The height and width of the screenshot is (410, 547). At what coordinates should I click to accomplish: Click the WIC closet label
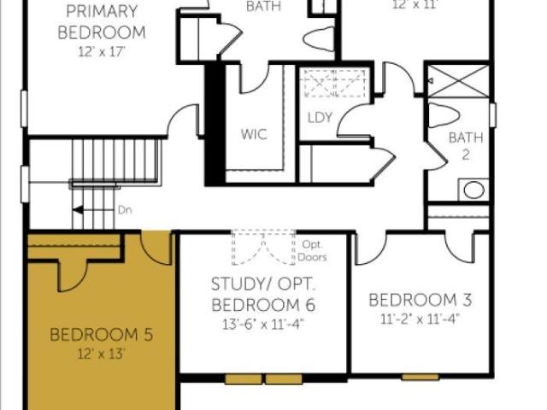tap(254, 134)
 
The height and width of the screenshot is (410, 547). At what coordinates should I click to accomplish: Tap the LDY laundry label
tap(320, 118)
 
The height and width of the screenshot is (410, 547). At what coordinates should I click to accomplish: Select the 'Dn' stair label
tap(125, 210)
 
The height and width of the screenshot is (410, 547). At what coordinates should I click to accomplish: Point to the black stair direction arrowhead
tap(78, 210)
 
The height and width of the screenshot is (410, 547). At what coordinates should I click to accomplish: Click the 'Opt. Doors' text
tap(312, 250)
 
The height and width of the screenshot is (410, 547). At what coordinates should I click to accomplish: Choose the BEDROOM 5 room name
tap(101, 335)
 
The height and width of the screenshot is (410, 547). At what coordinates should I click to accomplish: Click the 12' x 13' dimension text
tap(101, 354)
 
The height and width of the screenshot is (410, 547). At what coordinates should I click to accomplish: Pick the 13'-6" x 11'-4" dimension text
tap(263, 325)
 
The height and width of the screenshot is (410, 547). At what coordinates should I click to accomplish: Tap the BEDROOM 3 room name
tap(420, 300)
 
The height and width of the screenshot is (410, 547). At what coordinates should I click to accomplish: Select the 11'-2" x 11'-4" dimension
tap(420, 319)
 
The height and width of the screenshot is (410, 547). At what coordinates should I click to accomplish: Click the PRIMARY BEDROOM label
tap(101, 21)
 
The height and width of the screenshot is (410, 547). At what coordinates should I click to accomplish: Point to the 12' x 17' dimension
tap(101, 52)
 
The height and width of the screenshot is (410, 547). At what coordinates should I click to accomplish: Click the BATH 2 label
tap(466, 146)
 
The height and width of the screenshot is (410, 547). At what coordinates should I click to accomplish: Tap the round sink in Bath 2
tap(473, 190)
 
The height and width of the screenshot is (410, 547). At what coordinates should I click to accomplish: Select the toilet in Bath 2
tap(443, 115)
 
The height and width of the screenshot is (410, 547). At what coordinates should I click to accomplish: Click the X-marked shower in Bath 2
tap(458, 81)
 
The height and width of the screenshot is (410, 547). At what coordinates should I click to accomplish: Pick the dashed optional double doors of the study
tap(263, 247)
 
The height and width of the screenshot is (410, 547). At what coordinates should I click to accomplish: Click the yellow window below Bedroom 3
tap(420, 377)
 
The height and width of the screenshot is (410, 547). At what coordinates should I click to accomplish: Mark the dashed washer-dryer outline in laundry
tap(335, 83)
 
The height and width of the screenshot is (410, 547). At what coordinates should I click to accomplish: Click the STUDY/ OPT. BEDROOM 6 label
tap(263, 295)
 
